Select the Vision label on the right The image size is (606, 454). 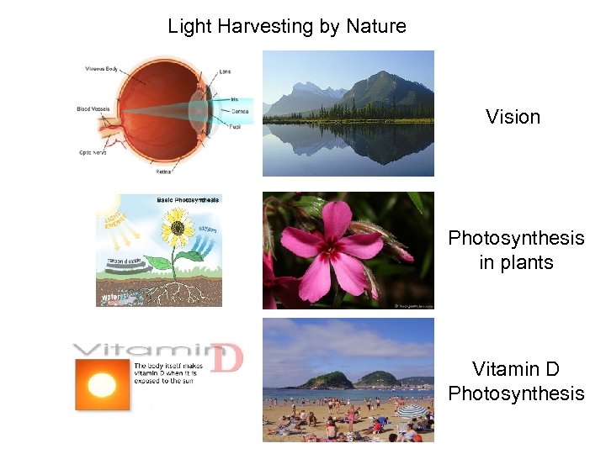point(513,117)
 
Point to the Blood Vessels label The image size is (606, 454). point(94,108)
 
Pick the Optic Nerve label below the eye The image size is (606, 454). point(92,153)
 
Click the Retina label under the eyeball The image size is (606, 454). point(164,172)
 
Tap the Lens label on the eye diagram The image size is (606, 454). point(225,71)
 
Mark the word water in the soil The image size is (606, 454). point(110,297)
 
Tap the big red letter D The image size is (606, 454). point(225,357)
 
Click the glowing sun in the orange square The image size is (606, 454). point(102,385)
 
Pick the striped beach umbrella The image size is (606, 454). point(412,411)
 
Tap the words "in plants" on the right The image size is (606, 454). point(516,262)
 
